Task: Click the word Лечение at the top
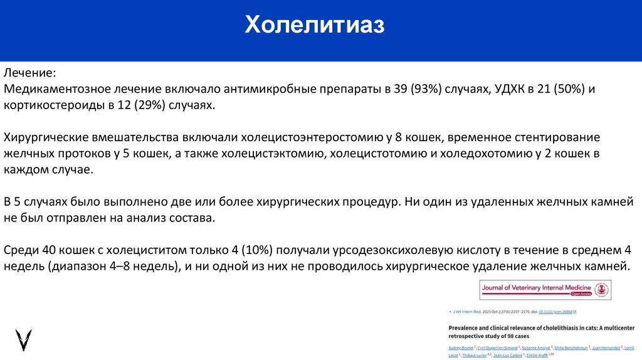[x=31, y=73]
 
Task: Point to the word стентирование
[x=554, y=137]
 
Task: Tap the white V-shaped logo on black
[x=24, y=339]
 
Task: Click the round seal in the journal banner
[x=601, y=289]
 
